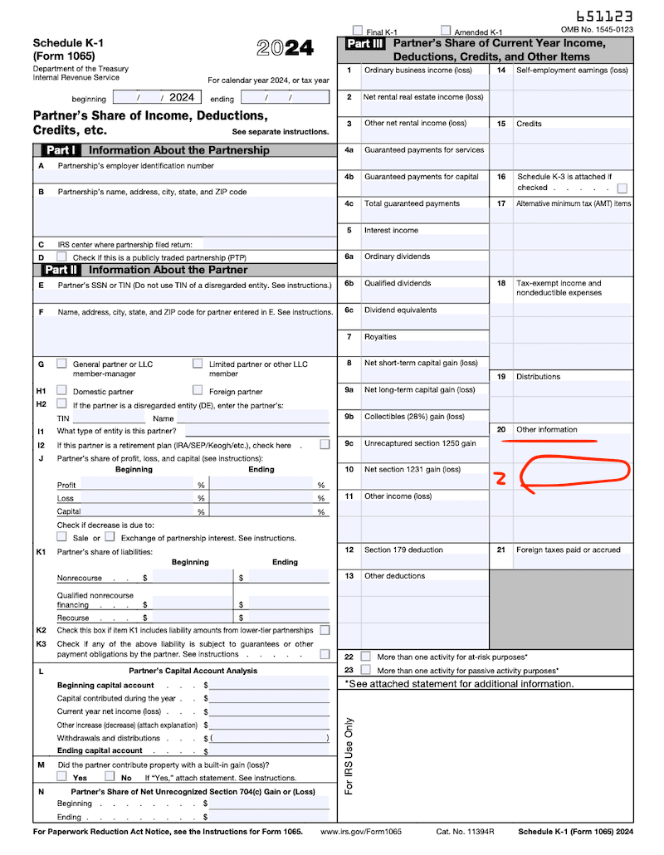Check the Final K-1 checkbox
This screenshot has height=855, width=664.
coord(358,30)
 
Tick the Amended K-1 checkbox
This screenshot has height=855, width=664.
coord(446,30)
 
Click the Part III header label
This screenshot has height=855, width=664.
coord(364,43)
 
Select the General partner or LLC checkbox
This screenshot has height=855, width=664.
coord(62,364)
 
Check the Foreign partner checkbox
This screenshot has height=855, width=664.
coord(198,390)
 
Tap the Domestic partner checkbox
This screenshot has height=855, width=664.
coord(62,390)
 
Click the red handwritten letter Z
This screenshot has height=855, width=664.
coord(500,478)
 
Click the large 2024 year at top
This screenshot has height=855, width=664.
coord(285,48)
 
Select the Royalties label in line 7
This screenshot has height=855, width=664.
coord(380,337)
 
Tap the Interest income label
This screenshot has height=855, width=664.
coord(391,230)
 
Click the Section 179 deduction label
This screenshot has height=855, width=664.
coord(403,550)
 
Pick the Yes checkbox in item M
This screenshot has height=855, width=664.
coord(62,776)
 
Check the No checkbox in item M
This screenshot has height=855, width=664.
coord(110,776)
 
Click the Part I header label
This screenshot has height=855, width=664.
coord(60,150)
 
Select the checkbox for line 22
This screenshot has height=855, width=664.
coord(366,657)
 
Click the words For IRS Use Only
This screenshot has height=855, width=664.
coord(349,755)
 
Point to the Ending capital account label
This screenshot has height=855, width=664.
coord(100,750)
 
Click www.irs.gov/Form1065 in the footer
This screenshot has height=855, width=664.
coord(360,832)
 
